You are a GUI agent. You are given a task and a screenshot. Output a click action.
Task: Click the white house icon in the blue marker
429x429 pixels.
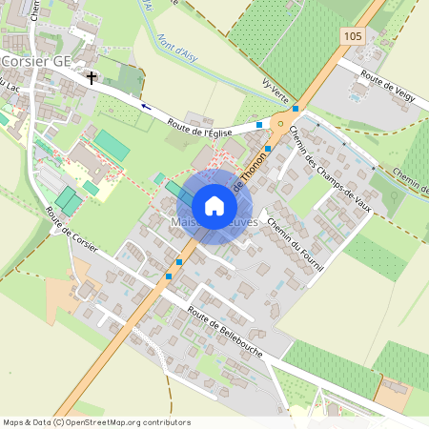[214, 205]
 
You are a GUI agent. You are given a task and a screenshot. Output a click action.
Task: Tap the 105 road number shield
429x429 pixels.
[351, 34]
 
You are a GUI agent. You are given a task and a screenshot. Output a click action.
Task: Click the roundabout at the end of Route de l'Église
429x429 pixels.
[280, 123]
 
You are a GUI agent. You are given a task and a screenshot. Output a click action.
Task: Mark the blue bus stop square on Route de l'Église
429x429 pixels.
[259, 124]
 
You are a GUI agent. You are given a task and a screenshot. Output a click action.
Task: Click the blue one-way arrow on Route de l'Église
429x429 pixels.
[146, 106]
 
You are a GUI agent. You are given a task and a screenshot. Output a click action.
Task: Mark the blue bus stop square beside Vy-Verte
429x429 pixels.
[296, 109]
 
